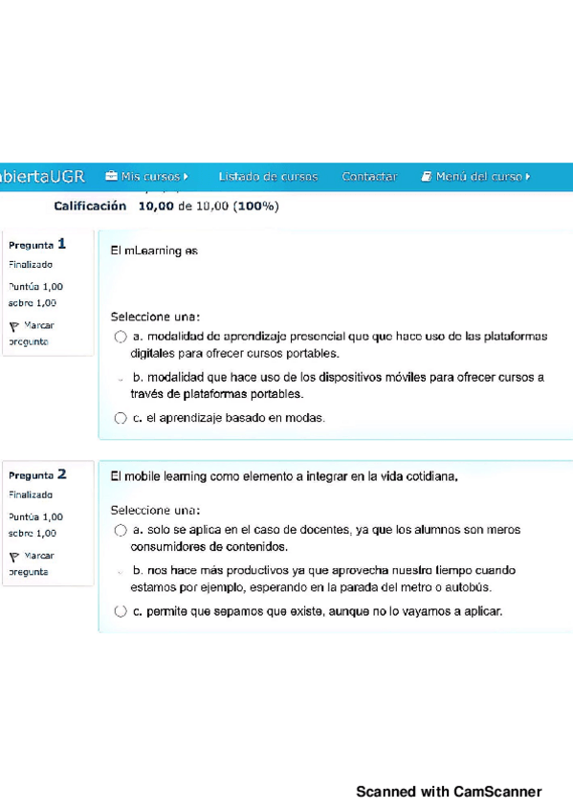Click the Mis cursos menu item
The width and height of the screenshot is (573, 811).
click(x=146, y=177)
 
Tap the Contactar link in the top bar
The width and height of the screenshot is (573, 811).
click(x=369, y=177)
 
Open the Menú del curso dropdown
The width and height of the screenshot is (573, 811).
click(x=475, y=177)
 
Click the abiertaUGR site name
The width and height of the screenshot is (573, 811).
click(x=42, y=177)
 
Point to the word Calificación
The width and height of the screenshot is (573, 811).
click(x=90, y=206)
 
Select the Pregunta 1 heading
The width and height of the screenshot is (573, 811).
click(x=37, y=244)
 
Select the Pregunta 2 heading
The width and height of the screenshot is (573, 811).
click(x=37, y=474)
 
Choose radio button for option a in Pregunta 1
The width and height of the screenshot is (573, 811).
click(x=121, y=337)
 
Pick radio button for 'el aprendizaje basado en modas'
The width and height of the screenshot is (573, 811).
click(x=121, y=418)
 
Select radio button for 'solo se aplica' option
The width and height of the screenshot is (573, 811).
click(x=121, y=530)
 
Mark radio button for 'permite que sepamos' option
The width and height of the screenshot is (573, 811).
click(x=121, y=611)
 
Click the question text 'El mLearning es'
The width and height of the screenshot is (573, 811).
click(x=154, y=252)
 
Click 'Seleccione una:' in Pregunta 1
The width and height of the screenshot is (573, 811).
click(x=155, y=317)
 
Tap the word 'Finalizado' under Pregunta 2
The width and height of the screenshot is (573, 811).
click(x=31, y=495)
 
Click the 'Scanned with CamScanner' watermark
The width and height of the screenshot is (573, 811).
click(x=449, y=792)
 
